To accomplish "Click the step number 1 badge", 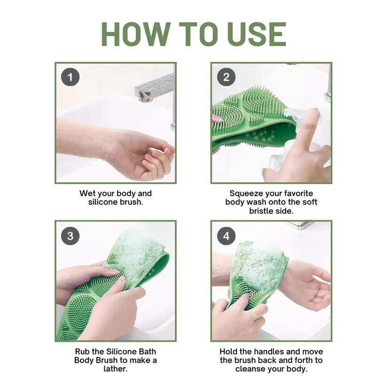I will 70,77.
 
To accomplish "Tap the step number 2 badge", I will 226,77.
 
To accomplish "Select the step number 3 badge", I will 70,236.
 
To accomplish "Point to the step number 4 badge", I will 226,236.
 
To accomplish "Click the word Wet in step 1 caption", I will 87,193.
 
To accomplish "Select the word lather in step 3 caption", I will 115,369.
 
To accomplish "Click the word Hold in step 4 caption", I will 229,352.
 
